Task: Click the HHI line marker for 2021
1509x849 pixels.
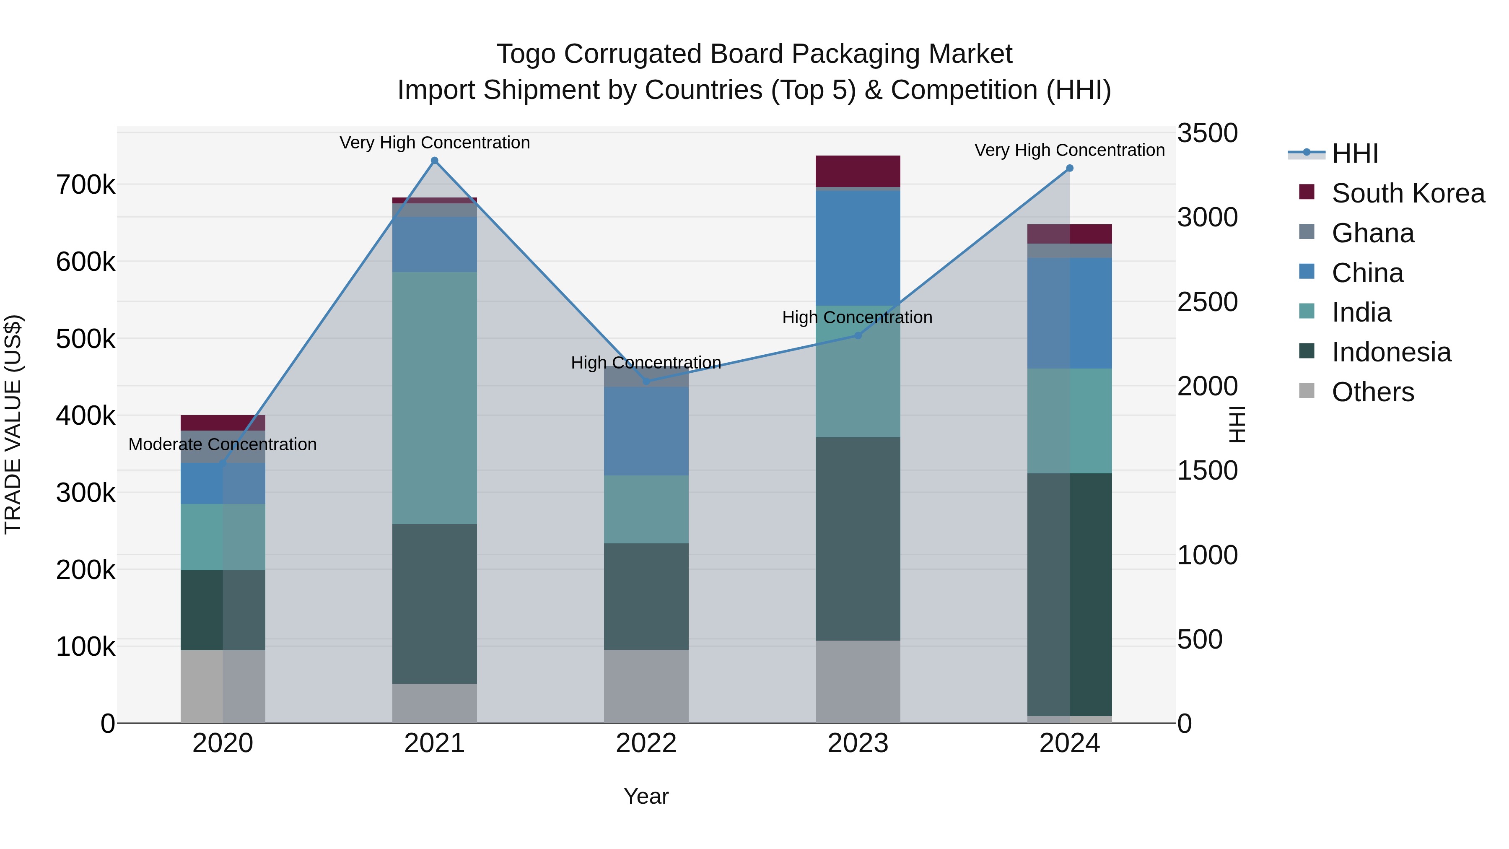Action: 435,161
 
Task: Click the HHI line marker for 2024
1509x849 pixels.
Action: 1070,168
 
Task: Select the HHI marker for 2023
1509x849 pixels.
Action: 858,336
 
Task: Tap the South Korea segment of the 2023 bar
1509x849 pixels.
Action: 858,171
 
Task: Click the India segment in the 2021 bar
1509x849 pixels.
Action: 435,398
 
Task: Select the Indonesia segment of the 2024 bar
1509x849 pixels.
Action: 1070,594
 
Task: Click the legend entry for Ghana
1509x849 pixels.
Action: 1372,233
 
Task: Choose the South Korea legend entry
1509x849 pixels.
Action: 1408,193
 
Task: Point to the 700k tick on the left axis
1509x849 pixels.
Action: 86,185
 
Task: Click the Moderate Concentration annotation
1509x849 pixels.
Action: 223,445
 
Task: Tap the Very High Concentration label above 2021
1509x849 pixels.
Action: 435,143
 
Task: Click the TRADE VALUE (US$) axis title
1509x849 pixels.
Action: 13,424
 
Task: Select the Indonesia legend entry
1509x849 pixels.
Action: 1391,352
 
